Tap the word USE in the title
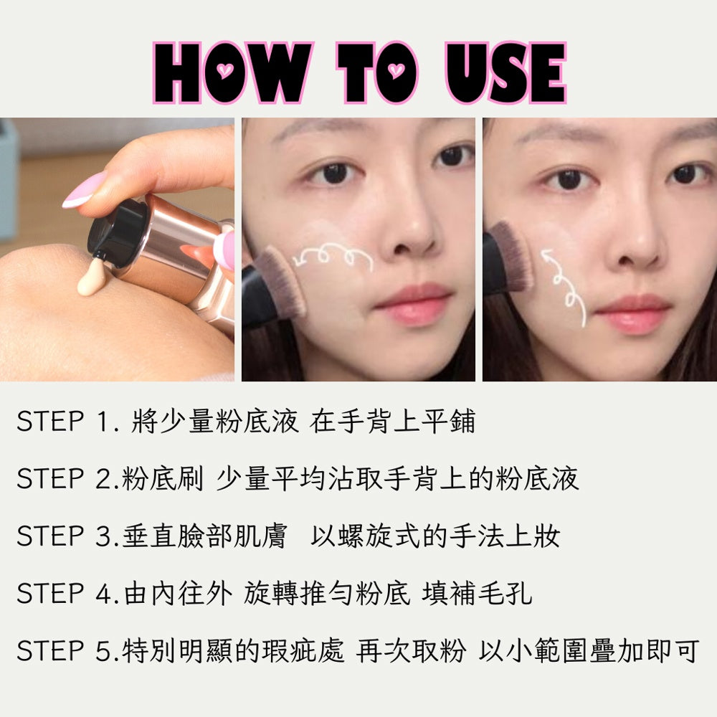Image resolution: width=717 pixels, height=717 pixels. point(505,72)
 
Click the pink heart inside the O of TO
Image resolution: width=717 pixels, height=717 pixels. point(396,70)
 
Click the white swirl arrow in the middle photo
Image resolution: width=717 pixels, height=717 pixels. point(333,257)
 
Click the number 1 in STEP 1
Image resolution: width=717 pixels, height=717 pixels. point(103,422)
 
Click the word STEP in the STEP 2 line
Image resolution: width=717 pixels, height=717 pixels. point(50,479)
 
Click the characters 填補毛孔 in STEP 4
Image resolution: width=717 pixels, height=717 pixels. point(477,594)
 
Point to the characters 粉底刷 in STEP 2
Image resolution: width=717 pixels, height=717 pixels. point(162,479)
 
